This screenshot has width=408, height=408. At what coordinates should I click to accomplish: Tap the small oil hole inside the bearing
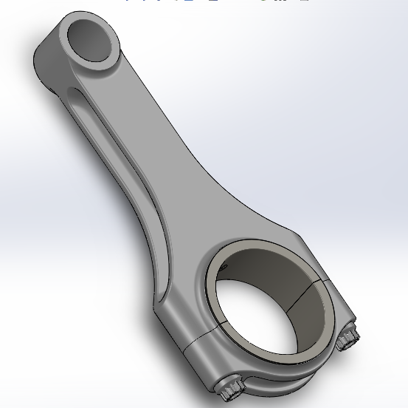tap(235, 260)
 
